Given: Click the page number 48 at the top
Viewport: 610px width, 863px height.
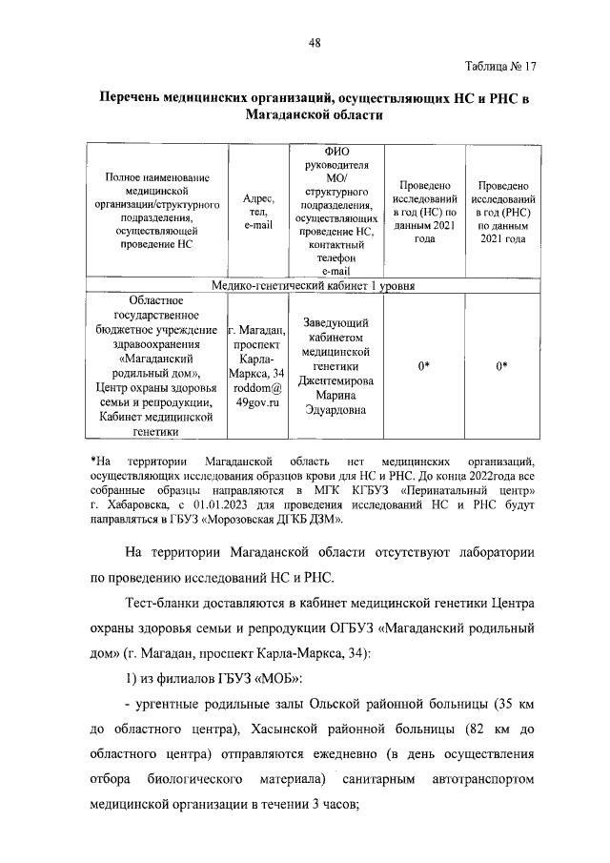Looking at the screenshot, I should point(314,42).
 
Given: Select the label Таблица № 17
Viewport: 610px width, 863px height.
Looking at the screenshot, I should point(501,67).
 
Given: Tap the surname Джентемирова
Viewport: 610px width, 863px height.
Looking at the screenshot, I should point(340,379).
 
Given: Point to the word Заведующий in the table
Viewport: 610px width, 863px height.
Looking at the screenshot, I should point(340,323).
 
